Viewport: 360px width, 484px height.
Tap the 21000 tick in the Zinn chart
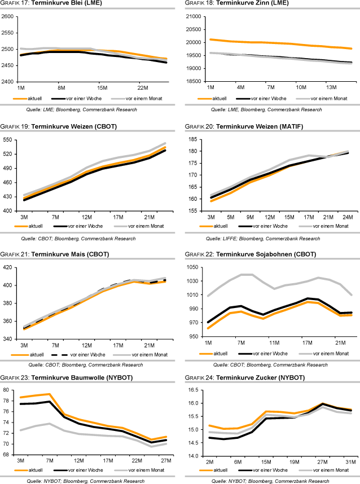pos(192,16)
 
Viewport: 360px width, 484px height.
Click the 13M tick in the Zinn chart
pos(331,88)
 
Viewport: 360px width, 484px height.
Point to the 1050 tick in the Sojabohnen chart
pos(192,267)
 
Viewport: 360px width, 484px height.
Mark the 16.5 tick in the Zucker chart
pos(192,390)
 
